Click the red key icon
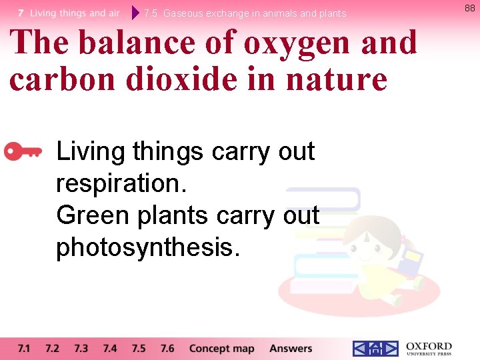click(x=23, y=152)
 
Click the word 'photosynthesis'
click(x=147, y=247)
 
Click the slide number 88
click(x=469, y=8)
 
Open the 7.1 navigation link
click(x=24, y=348)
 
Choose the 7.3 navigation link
click(x=81, y=348)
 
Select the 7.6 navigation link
click(x=167, y=348)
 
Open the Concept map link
click(x=221, y=348)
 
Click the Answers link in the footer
click(x=291, y=348)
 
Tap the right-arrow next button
click(x=391, y=348)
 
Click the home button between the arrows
click(x=375, y=348)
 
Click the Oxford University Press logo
click(x=429, y=348)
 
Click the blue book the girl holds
click(x=412, y=260)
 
